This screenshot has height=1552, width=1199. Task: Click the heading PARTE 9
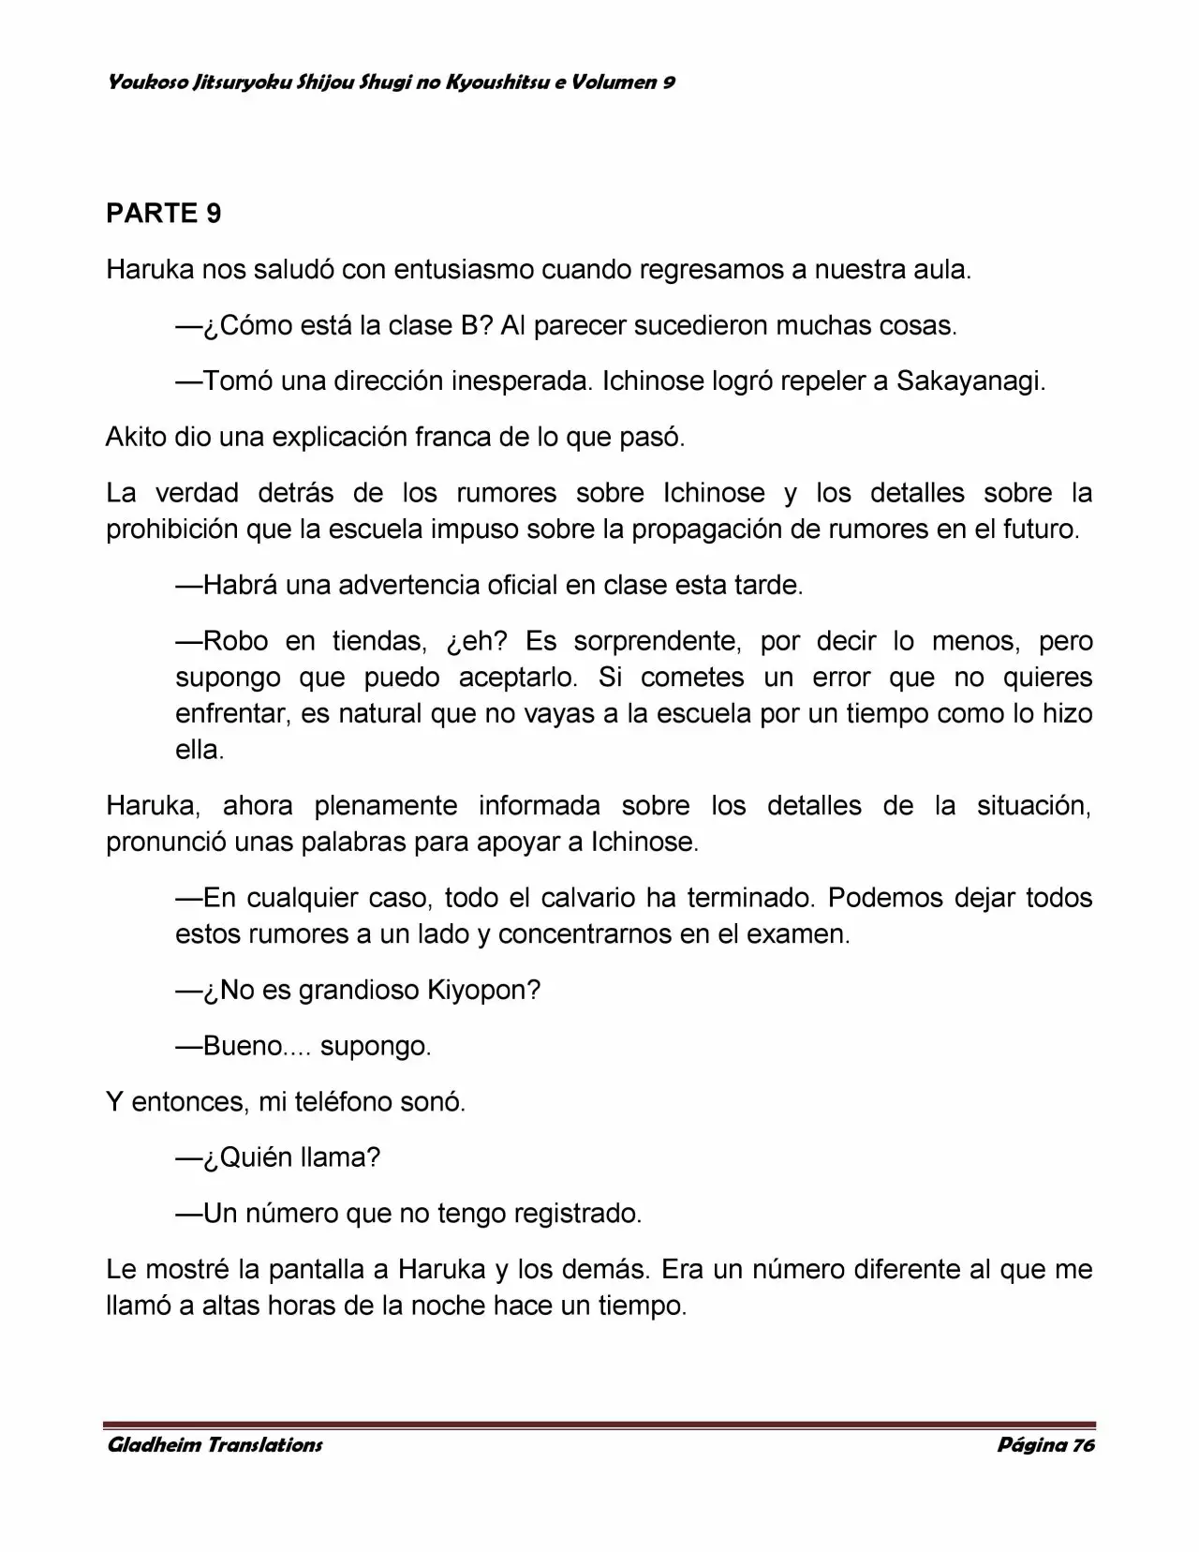[x=164, y=214]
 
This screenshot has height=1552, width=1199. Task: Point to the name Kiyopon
[x=479, y=990]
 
